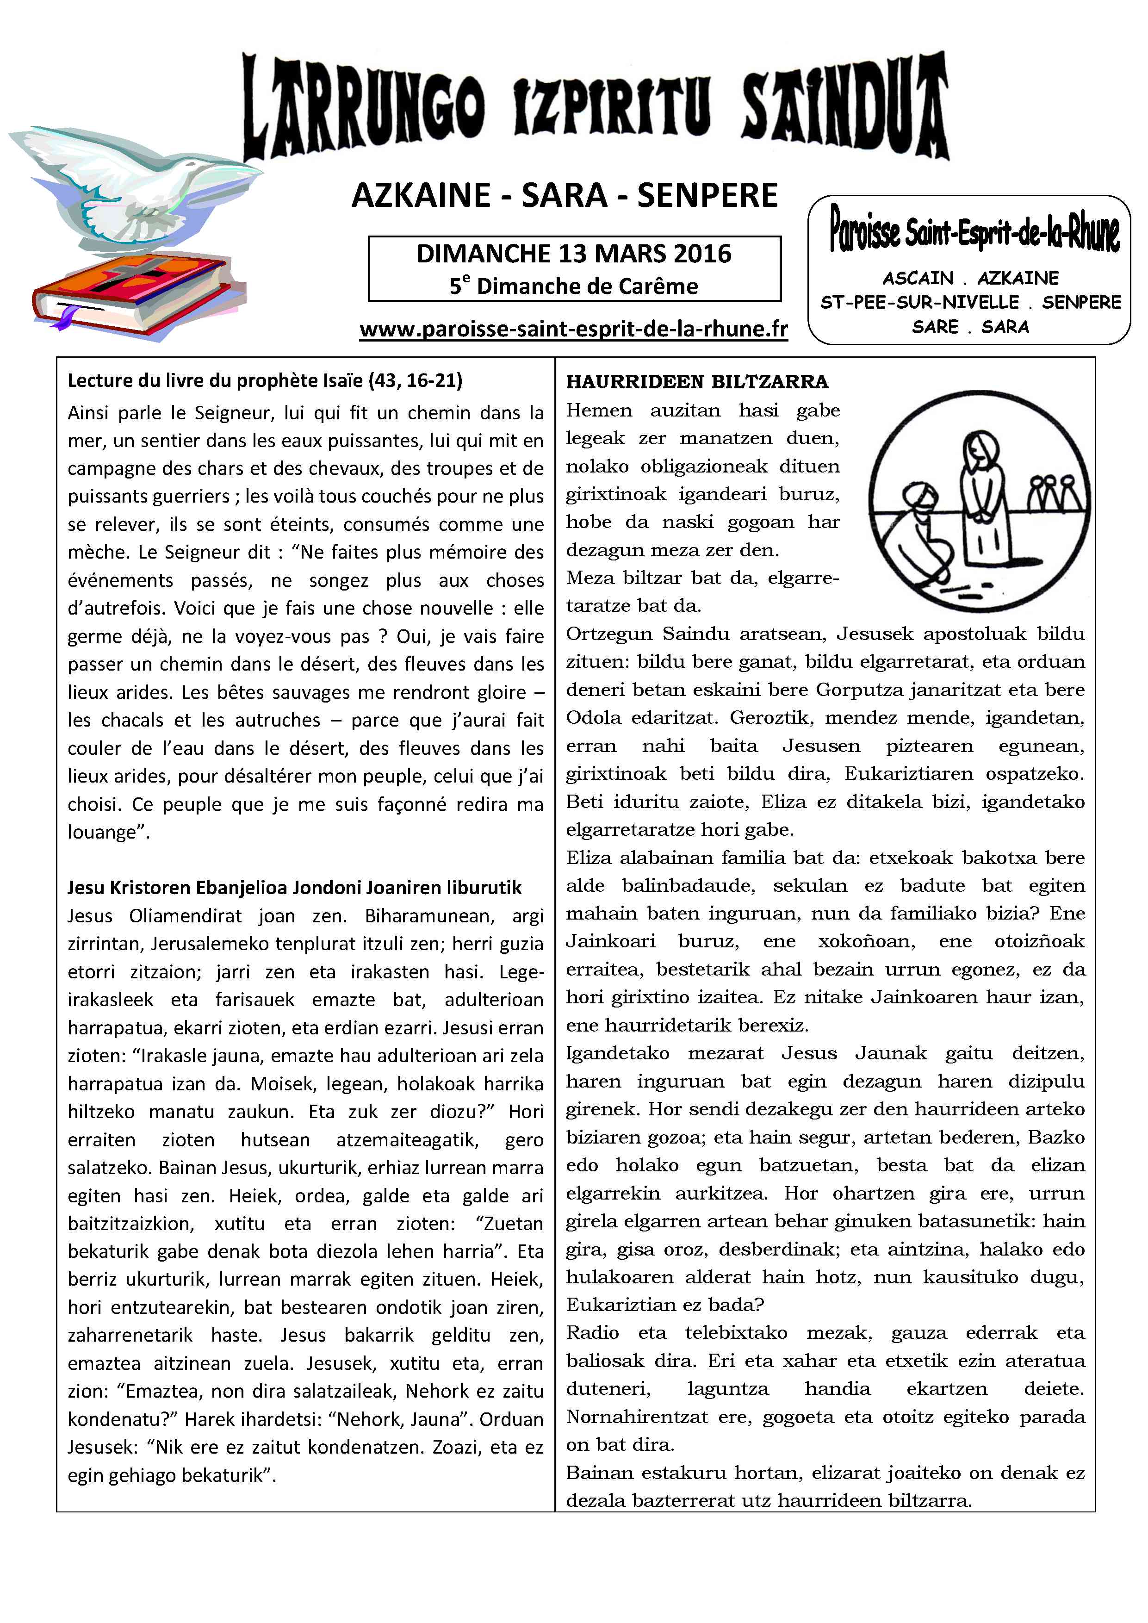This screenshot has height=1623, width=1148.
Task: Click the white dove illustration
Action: click(x=134, y=187)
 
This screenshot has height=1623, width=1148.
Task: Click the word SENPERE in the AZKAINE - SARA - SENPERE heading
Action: click(x=707, y=196)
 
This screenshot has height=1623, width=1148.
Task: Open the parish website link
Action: click(x=573, y=330)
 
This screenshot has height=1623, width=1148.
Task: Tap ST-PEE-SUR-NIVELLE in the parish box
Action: click(x=919, y=303)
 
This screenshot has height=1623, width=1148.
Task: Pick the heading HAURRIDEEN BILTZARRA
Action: click(x=697, y=382)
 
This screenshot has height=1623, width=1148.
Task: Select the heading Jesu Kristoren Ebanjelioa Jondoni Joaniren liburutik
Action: click(x=294, y=888)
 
